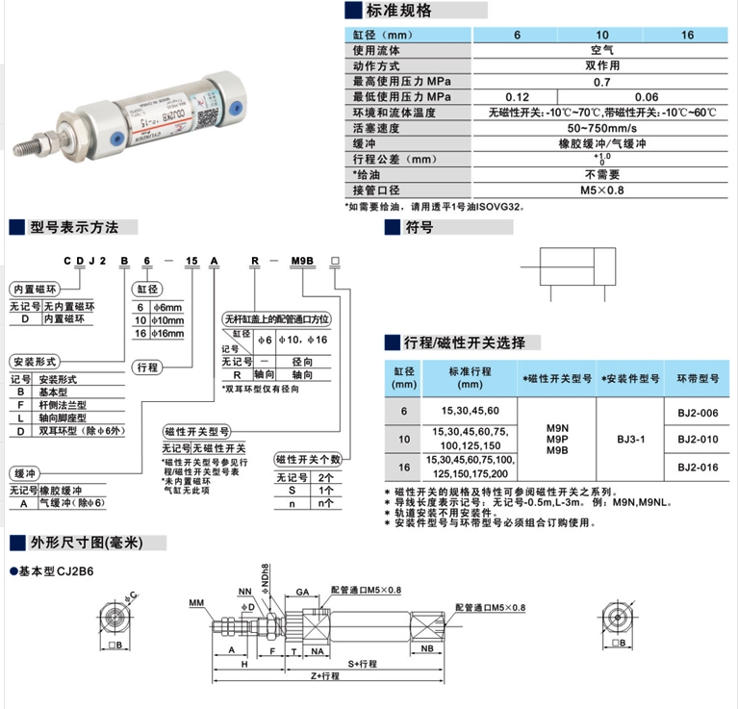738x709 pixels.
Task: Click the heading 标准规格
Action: [x=398, y=11]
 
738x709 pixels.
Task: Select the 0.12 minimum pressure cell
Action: [x=518, y=97]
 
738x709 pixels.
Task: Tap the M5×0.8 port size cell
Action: [x=602, y=190]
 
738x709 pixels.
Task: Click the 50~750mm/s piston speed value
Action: [x=602, y=128]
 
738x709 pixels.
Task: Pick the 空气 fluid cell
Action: [x=602, y=50]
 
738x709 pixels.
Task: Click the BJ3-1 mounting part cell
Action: [x=631, y=439]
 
